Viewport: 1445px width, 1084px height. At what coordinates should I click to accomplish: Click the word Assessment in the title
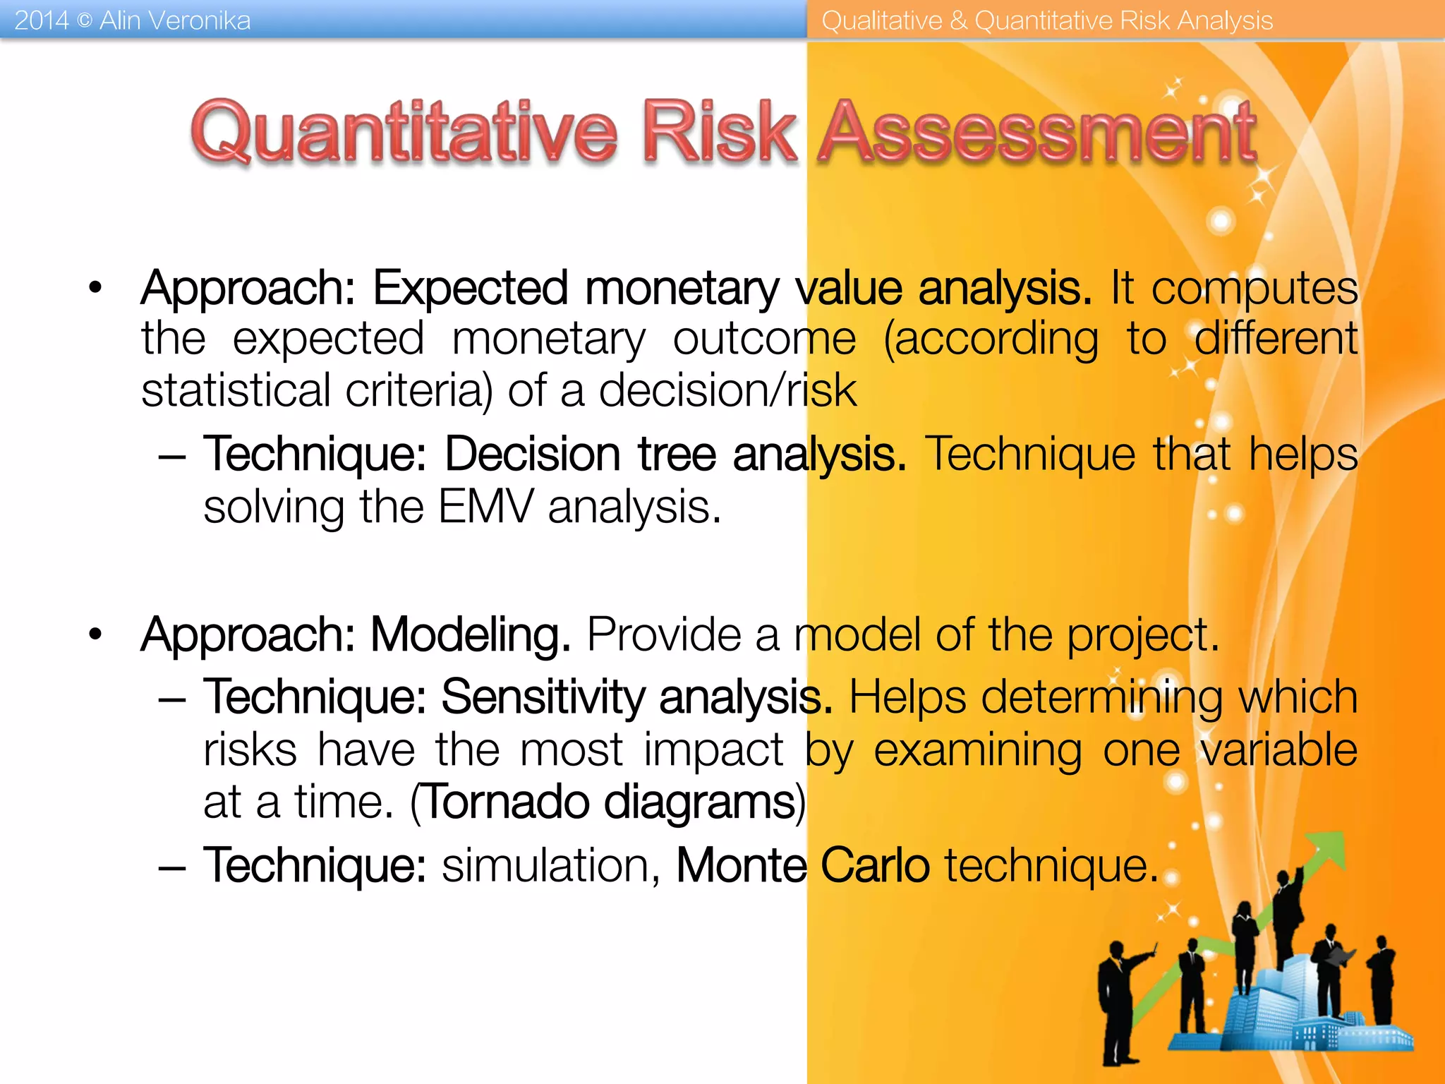point(1037,133)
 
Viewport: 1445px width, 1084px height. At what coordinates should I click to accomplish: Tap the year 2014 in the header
point(41,20)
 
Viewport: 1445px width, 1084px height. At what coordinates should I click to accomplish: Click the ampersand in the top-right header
point(957,20)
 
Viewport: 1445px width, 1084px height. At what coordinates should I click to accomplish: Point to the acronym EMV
point(485,507)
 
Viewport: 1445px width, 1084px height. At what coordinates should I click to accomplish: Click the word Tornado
point(507,802)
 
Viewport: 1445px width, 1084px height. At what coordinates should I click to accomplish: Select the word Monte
point(741,865)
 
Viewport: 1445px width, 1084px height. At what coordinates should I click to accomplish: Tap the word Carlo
point(875,865)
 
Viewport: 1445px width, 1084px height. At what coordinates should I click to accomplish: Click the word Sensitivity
point(543,697)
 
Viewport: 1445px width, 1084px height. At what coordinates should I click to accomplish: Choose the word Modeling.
point(470,634)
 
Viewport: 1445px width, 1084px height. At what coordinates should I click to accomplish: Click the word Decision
point(533,454)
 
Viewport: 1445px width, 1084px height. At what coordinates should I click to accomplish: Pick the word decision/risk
point(727,390)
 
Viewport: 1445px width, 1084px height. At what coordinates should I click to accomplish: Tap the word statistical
point(236,390)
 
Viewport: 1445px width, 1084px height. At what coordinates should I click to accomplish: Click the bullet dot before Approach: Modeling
point(95,634)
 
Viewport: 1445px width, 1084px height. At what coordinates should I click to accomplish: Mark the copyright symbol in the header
point(84,21)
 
